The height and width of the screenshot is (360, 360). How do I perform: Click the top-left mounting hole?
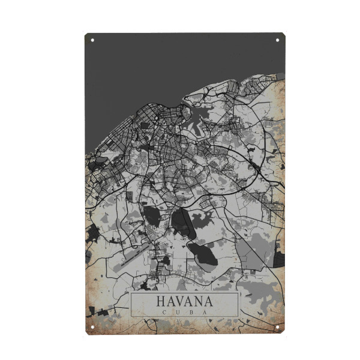[92, 40]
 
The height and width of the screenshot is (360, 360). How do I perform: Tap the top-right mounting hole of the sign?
[277, 40]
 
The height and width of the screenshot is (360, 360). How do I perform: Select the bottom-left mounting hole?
[92, 327]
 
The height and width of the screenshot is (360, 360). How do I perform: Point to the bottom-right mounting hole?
[277, 327]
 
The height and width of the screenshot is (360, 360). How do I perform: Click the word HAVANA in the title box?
[184, 300]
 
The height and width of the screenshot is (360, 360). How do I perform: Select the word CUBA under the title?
[184, 312]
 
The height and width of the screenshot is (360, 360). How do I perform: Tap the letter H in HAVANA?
[160, 300]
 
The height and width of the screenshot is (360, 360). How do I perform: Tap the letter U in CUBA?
[177, 312]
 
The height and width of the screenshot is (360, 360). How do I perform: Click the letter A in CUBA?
[206, 312]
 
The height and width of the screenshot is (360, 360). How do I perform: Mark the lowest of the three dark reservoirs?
[201, 253]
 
